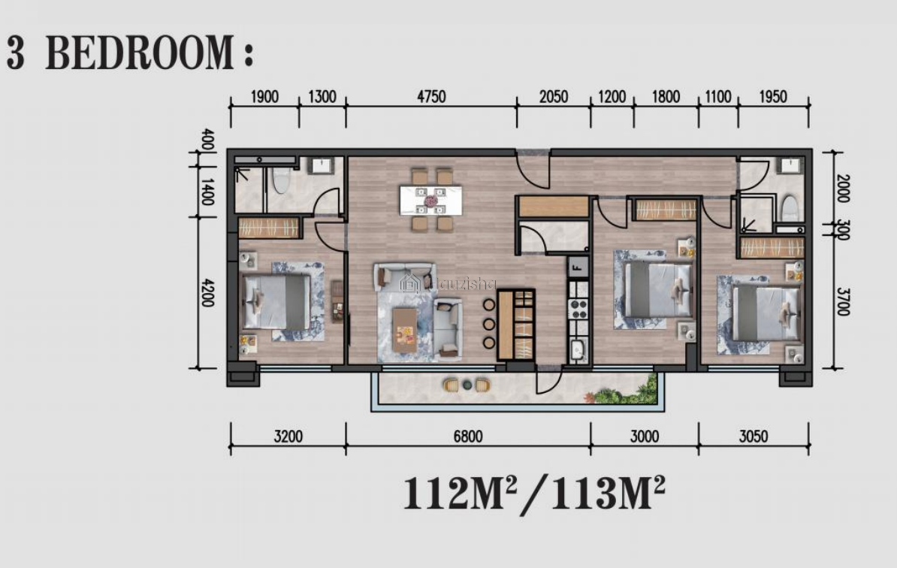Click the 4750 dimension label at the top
tap(431, 96)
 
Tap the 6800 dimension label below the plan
tap(468, 437)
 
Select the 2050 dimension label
tap(554, 96)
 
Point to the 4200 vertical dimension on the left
tap(207, 292)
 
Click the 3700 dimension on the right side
tap(842, 301)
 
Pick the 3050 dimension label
tap(754, 437)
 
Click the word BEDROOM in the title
tap(140, 53)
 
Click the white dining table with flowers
tap(430, 200)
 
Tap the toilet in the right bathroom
tap(790, 207)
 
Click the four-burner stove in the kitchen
tap(578, 308)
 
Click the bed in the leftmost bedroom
tap(277, 301)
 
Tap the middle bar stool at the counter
tap(488, 324)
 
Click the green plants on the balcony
tap(625, 391)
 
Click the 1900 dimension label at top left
tap(265, 96)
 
